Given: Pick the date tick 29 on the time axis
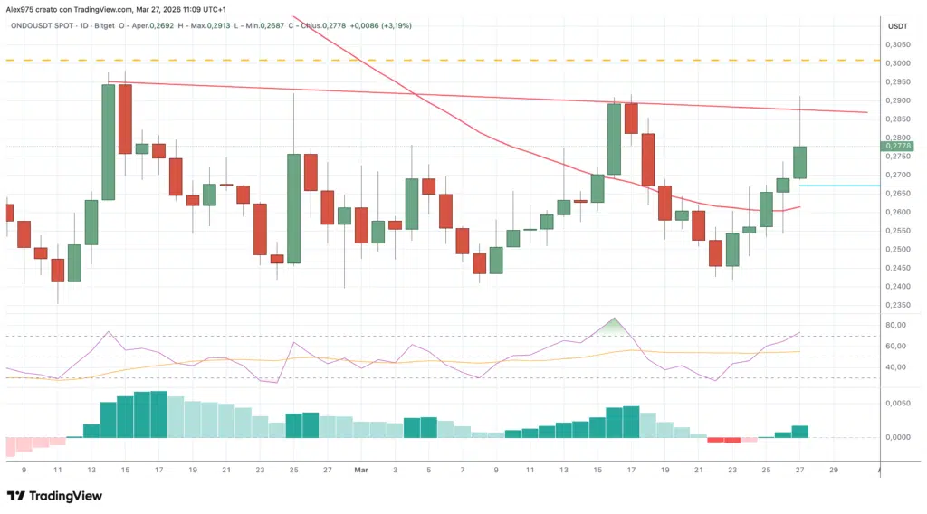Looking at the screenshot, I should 834,471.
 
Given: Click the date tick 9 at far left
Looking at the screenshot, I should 24,471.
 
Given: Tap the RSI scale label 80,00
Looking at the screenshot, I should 895,325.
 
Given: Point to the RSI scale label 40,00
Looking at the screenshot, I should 895,366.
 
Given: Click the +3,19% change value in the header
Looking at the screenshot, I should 396,25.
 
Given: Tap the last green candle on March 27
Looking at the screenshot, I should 800,162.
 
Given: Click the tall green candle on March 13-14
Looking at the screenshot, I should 108,141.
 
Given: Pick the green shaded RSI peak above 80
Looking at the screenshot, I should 615,324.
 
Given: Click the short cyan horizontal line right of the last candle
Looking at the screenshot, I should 851,186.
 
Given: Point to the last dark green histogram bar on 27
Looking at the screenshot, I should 800,431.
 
